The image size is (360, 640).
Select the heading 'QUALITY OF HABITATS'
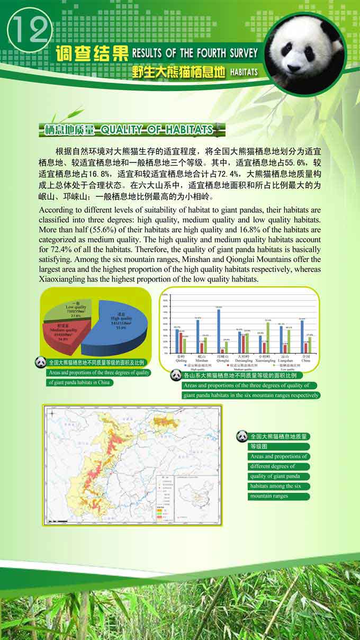pyautogui.click(x=157, y=130)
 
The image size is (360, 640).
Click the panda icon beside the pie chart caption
pyautogui.click(x=41, y=363)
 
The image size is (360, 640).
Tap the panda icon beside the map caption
pyautogui.click(x=242, y=436)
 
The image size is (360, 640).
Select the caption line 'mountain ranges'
pyautogui.click(x=269, y=496)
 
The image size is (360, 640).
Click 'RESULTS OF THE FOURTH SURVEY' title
pyautogui.click(x=195, y=53)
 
